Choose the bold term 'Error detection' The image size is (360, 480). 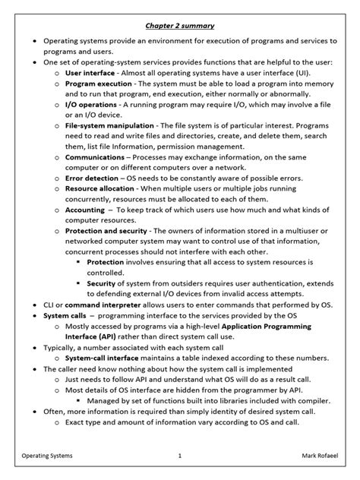tap(91, 178)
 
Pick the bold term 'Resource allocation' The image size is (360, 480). tap(99, 188)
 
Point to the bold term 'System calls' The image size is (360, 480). tap(65, 315)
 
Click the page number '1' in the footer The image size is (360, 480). tap(179, 456)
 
